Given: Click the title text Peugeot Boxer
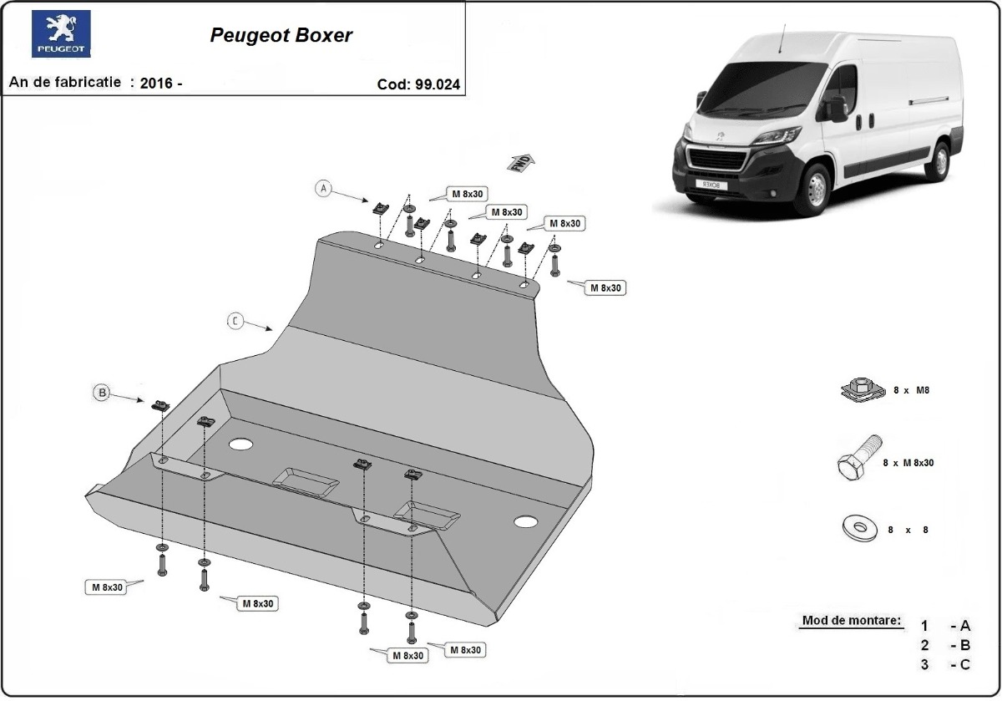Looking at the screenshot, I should [x=281, y=35].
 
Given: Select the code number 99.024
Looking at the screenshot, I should [x=437, y=84].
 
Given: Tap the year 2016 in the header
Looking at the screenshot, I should [x=156, y=83].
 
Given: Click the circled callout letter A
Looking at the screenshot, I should [x=323, y=189].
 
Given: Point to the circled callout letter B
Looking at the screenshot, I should [x=102, y=392].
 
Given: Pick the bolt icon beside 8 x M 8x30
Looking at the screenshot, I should [x=857, y=460].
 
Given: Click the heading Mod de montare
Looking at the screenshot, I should [x=851, y=621].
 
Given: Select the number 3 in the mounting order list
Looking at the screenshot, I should [x=924, y=664].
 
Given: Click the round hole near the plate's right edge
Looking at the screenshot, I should [x=526, y=522].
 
